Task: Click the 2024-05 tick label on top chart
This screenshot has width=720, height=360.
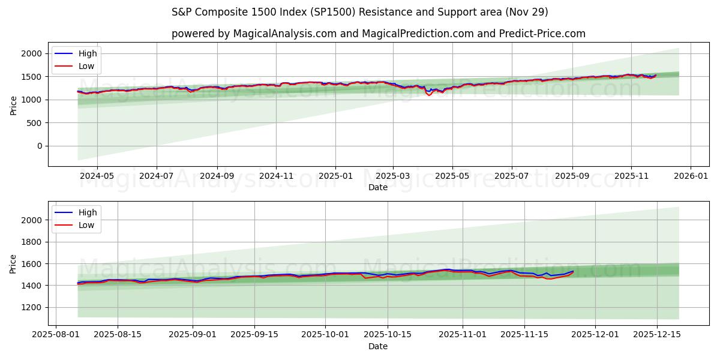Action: pos(97,176)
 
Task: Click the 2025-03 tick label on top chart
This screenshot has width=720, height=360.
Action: pos(393,176)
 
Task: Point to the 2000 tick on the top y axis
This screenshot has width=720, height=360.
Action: pos(32,54)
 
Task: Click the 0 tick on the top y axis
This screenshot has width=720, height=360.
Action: pos(40,146)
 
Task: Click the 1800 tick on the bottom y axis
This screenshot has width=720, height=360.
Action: pos(32,242)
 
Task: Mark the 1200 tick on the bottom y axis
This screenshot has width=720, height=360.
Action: pos(32,307)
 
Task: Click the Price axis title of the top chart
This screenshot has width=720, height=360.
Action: pos(13,105)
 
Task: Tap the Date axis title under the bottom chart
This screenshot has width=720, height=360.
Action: pos(378,346)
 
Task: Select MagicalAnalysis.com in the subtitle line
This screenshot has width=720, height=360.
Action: pos(284,34)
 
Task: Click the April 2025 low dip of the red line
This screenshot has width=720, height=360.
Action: pos(429,95)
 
